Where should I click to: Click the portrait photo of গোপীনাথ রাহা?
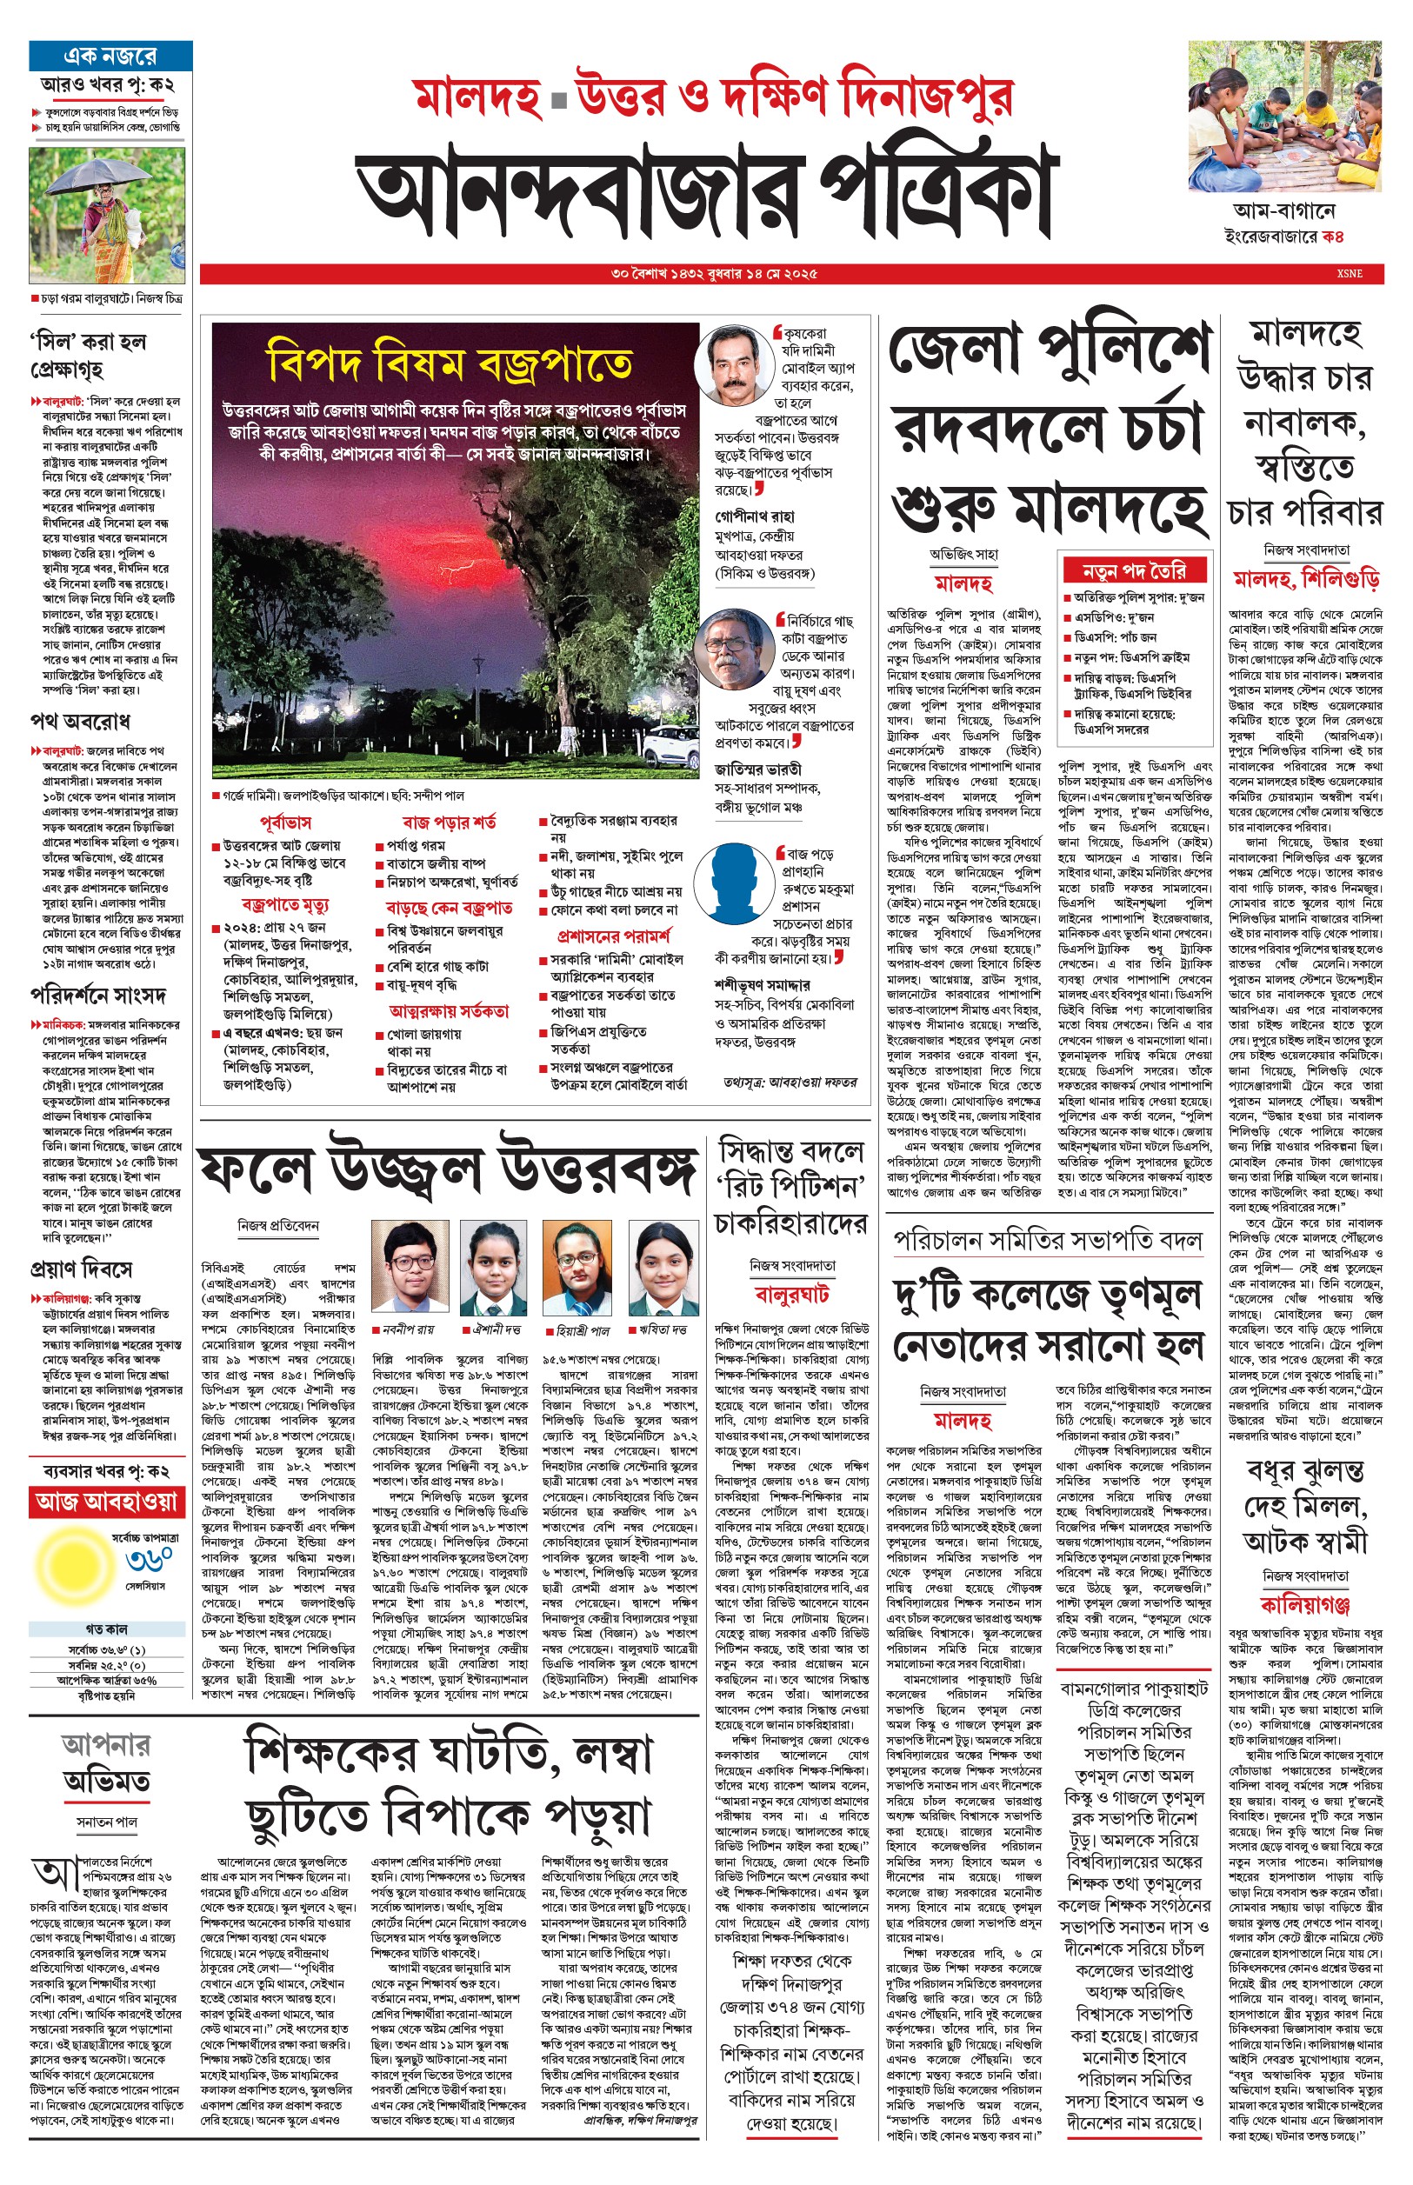pos(739,365)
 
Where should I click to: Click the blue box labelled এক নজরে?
pos(110,56)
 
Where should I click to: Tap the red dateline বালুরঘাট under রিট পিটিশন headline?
pos(791,1295)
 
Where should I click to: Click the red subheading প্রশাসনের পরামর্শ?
pos(613,936)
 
